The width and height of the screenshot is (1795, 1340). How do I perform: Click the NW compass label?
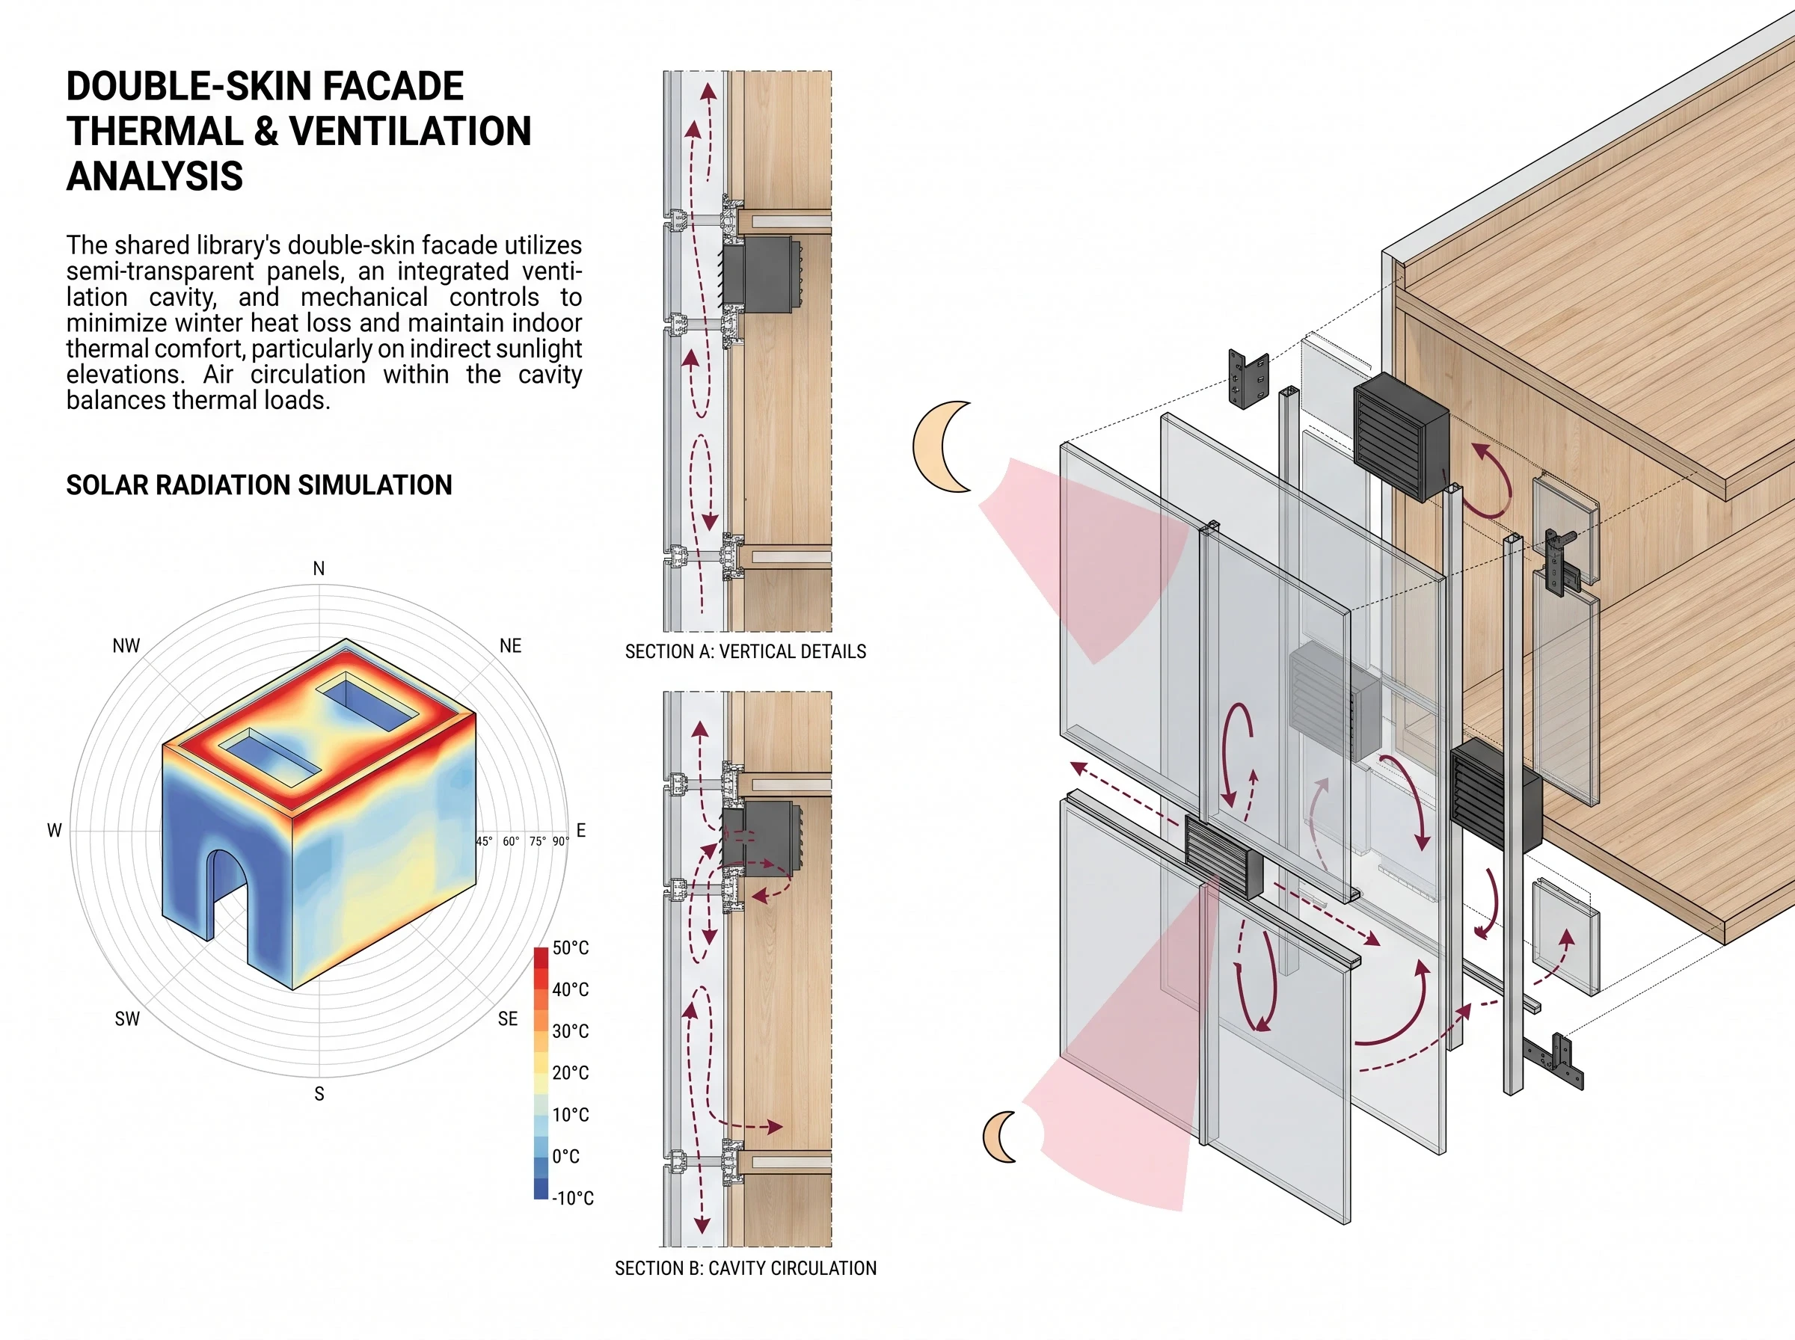pyautogui.click(x=126, y=645)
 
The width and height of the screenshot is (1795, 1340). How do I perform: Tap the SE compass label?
pyautogui.click(x=508, y=1018)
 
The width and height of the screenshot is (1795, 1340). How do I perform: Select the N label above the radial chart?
pyautogui.click(x=319, y=568)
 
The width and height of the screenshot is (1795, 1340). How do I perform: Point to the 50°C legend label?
pyautogui.click(x=570, y=947)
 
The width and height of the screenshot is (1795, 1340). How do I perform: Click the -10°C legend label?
pyautogui.click(x=573, y=1198)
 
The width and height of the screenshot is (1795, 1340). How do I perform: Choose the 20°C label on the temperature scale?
pyautogui.click(x=570, y=1072)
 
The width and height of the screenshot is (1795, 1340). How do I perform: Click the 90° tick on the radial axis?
pyautogui.click(x=560, y=841)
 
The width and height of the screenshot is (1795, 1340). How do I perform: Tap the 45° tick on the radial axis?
pyautogui.click(x=484, y=841)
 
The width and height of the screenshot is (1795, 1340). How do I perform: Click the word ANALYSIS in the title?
pyautogui.click(x=155, y=176)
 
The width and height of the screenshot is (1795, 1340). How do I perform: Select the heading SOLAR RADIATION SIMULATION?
pyautogui.click(x=260, y=485)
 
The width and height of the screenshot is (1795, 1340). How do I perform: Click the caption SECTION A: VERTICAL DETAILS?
pyautogui.click(x=746, y=651)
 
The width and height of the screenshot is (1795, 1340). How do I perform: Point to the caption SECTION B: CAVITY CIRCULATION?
pyautogui.click(x=746, y=1267)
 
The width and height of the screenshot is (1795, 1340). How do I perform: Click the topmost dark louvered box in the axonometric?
pyautogui.click(x=1401, y=437)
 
